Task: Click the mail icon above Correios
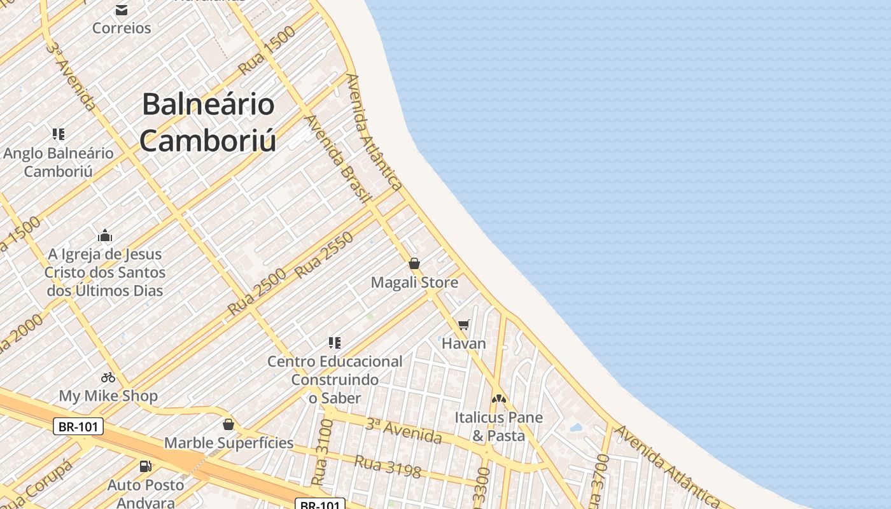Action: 122,10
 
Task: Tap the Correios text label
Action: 122,28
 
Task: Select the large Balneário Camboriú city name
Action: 208,122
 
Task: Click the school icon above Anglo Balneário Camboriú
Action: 59,134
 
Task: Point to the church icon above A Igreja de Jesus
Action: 105,236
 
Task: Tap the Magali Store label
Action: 414,282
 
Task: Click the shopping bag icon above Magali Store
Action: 414,263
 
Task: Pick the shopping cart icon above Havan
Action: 464,325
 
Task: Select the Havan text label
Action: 464,344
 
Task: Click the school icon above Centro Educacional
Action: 335,343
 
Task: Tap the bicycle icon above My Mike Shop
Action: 108,377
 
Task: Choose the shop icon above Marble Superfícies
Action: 228,424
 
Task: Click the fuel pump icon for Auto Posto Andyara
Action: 146,466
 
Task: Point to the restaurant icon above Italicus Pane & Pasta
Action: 499,399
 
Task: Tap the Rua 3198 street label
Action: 388,466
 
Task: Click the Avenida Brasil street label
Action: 337,159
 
